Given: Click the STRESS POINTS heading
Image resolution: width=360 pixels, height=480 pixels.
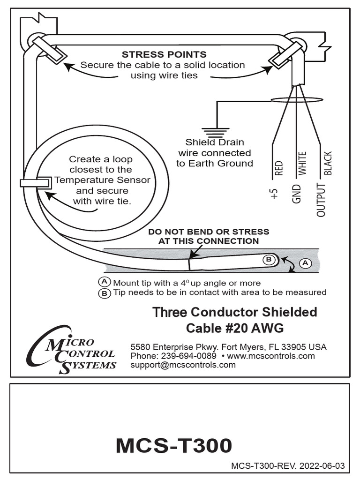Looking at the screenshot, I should pyautogui.click(x=164, y=55).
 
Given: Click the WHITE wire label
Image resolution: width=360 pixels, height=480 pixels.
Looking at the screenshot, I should pyautogui.click(x=302, y=163).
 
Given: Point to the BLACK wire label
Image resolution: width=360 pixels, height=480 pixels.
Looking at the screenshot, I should pyautogui.click(x=328, y=163).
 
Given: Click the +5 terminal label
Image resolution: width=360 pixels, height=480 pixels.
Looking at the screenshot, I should pyautogui.click(x=275, y=194).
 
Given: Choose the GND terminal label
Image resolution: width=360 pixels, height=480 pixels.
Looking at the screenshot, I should pyautogui.click(x=296, y=194).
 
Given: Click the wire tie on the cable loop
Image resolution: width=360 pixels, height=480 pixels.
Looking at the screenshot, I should pyautogui.click(x=36, y=182).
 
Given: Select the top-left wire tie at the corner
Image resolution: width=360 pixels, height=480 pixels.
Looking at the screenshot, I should pyautogui.click(x=49, y=48).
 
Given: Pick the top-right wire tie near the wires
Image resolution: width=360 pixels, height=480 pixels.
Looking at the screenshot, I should pyautogui.click(x=285, y=55).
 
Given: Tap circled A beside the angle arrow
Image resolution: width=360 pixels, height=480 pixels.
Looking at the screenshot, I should pyautogui.click(x=305, y=263).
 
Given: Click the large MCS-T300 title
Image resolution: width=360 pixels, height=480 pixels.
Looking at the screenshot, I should pyautogui.click(x=174, y=446).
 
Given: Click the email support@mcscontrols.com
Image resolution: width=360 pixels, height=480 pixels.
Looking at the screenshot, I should pyautogui.click(x=183, y=365).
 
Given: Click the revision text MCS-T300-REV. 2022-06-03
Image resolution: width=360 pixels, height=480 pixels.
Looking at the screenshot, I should pyautogui.click(x=288, y=466).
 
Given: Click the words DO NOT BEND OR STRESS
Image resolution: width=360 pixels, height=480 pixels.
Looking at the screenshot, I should pyautogui.click(x=209, y=232).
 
